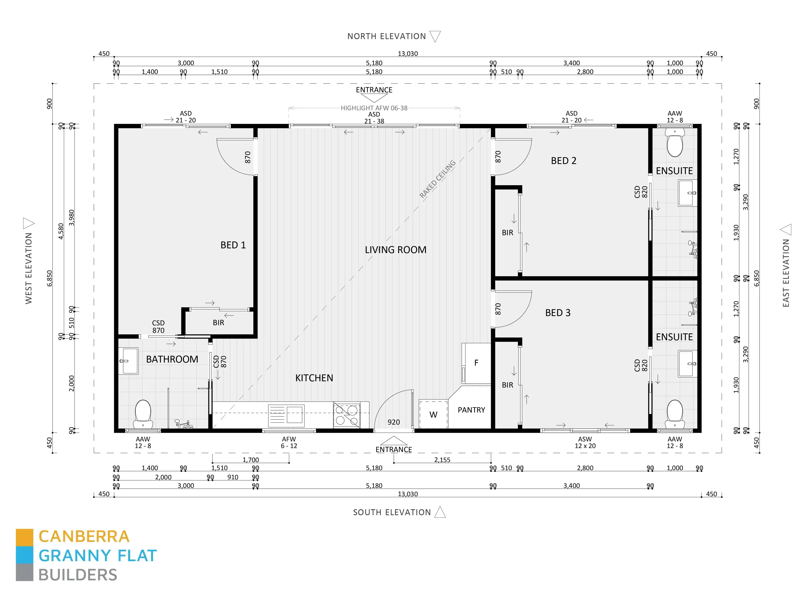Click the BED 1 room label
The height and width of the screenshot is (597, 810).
(233, 245)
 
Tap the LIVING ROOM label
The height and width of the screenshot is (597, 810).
(395, 250)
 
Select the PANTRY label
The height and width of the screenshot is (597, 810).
(471, 410)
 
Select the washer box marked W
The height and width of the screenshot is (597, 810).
(433, 414)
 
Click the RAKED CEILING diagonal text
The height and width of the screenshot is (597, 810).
(437, 179)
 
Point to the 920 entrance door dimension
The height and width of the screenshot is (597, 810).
(394, 422)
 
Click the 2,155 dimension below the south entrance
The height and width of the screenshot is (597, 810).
(442, 460)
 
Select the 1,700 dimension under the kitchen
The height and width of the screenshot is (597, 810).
(251, 460)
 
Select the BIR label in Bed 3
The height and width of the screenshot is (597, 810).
(508, 385)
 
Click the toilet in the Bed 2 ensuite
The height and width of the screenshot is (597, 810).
(675, 144)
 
